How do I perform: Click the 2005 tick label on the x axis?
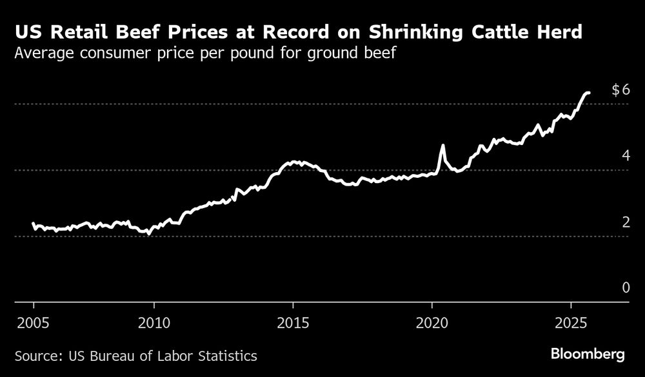(x=34, y=322)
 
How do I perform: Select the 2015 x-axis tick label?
(x=293, y=322)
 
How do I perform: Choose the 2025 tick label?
(x=571, y=322)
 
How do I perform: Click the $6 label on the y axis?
(x=620, y=90)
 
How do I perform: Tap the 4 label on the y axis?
(x=625, y=156)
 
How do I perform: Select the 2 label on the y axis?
(x=625, y=222)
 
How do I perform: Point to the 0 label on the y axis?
(x=625, y=287)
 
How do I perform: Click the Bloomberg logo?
(x=588, y=354)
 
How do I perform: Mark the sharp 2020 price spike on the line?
(x=442, y=146)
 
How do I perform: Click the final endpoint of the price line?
(x=588, y=93)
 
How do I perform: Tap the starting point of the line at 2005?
(x=34, y=224)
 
